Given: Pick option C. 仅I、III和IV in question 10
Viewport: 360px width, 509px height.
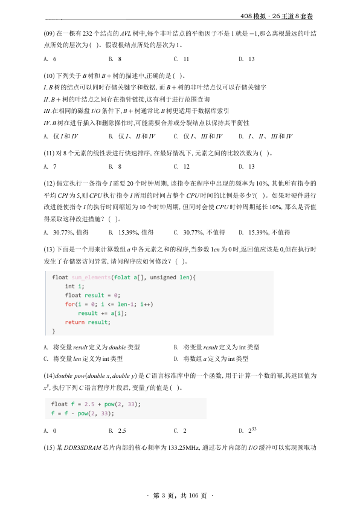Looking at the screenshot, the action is point(198,137).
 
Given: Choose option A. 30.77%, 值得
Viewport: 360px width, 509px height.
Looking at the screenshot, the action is point(66,232).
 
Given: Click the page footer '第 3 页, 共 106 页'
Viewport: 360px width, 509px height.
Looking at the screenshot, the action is point(180,496).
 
